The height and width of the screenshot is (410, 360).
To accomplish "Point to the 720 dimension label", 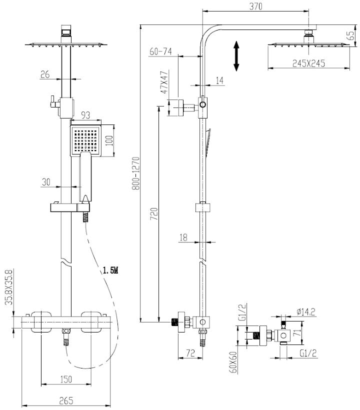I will (153, 213).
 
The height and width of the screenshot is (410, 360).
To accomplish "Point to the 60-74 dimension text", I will (160, 51).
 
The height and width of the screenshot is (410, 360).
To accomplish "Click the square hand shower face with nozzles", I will (85, 140).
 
